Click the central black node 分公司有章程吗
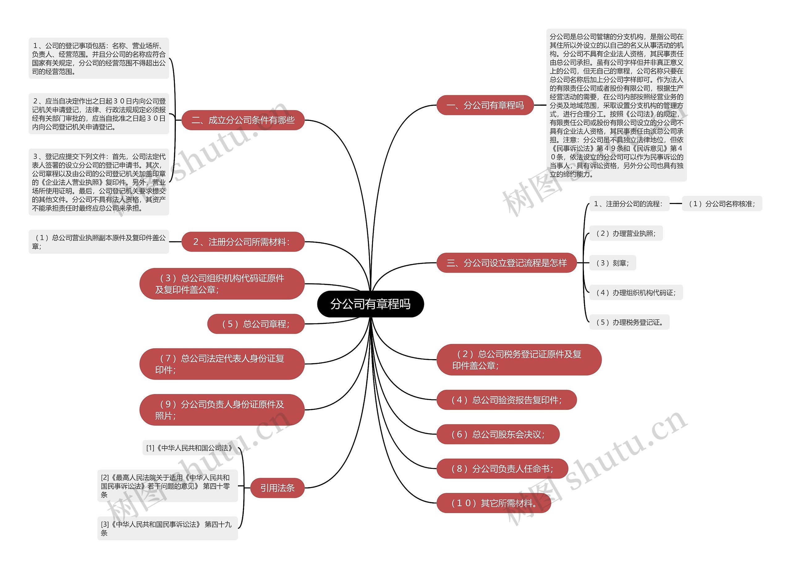pyautogui.click(x=370, y=304)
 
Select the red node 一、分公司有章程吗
pyautogui.click(x=485, y=105)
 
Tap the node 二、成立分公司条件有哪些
pyautogui.click(x=243, y=120)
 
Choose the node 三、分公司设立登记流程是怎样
pyautogui.click(x=506, y=263)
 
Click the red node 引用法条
pyautogui.click(x=277, y=488)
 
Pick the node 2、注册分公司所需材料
pyautogui.click(x=243, y=242)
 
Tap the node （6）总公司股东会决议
pyautogui.click(x=498, y=434)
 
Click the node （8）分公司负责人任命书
pyautogui.click(x=502, y=469)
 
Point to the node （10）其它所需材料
pyautogui.click(x=493, y=503)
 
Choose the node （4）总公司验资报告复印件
pyautogui.click(x=506, y=400)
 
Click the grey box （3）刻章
pyautogui.click(x=612, y=263)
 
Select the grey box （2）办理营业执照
pyautogui.click(x=626, y=233)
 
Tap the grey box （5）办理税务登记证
pyautogui.click(x=629, y=322)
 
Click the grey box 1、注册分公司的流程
pyautogui.click(x=629, y=204)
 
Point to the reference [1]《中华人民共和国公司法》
pyautogui.click(x=189, y=448)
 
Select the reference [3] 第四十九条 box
pyautogui.click(x=167, y=528)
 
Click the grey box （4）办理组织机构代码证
pyautogui.click(x=636, y=293)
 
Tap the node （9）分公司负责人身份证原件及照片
pyautogui.click(x=222, y=410)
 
